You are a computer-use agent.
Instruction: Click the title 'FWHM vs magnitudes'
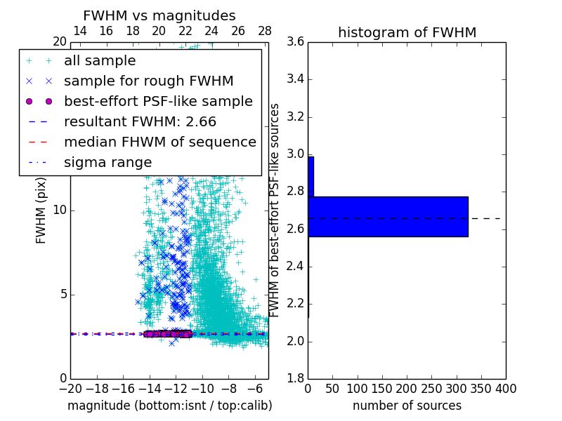click(x=159, y=15)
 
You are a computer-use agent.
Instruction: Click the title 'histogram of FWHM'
click(x=407, y=32)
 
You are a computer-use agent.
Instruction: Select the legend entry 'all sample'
click(x=100, y=61)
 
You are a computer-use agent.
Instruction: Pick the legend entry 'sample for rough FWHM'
click(x=148, y=81)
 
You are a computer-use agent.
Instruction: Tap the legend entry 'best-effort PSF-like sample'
click(x=158, y=101)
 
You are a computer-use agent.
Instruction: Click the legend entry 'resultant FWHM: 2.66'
click(x=140, y=121)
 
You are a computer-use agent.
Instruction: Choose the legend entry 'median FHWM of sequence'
click(x=159, y=142)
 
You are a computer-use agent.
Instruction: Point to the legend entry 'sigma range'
click(x=107, y=162)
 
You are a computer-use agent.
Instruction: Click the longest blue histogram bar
click(x=388, y=216)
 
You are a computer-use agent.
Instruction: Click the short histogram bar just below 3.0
click(x=311, y=176)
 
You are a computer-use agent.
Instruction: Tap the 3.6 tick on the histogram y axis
click(x=295, y=41)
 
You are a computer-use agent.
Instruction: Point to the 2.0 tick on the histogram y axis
click(x=295, y=341)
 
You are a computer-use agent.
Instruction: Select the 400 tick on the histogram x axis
click(x=506, y=389)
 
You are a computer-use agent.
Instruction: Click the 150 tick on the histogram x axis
click(x=382, y=389)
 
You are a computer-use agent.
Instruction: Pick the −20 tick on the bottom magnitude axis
click(x=70, y=389)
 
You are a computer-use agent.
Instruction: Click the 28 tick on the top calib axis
click(x=265, y=31)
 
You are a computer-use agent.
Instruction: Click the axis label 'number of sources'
click(x=407, y=406)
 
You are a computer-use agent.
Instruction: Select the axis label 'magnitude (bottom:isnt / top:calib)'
click(x=169, y=406)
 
